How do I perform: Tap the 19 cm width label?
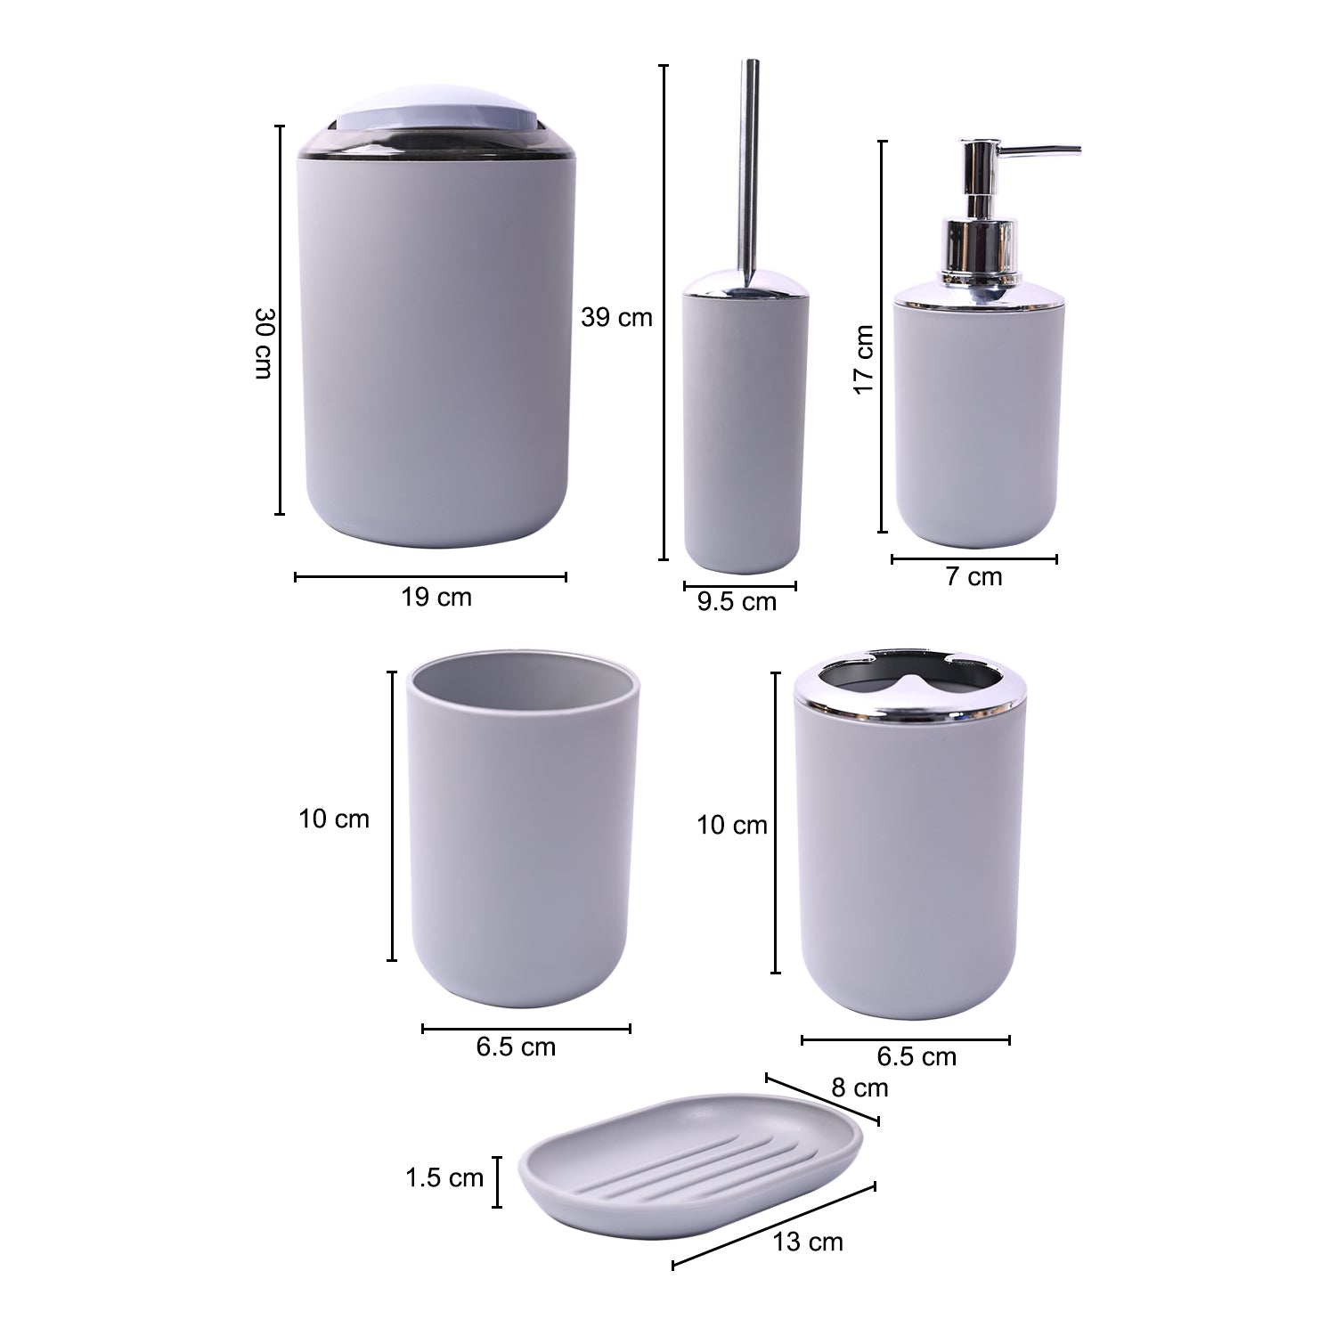(x=436, y=597)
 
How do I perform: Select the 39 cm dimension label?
(x=616, y=317)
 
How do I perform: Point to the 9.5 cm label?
(x=737, y=602)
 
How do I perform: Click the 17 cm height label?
(x=862, y=360)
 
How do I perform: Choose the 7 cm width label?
(x=973, y=577)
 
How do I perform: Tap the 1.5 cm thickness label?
(x=444, y=1178)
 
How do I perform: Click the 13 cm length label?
(x=808, y=1242)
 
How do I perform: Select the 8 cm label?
(x=859, y=1088)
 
